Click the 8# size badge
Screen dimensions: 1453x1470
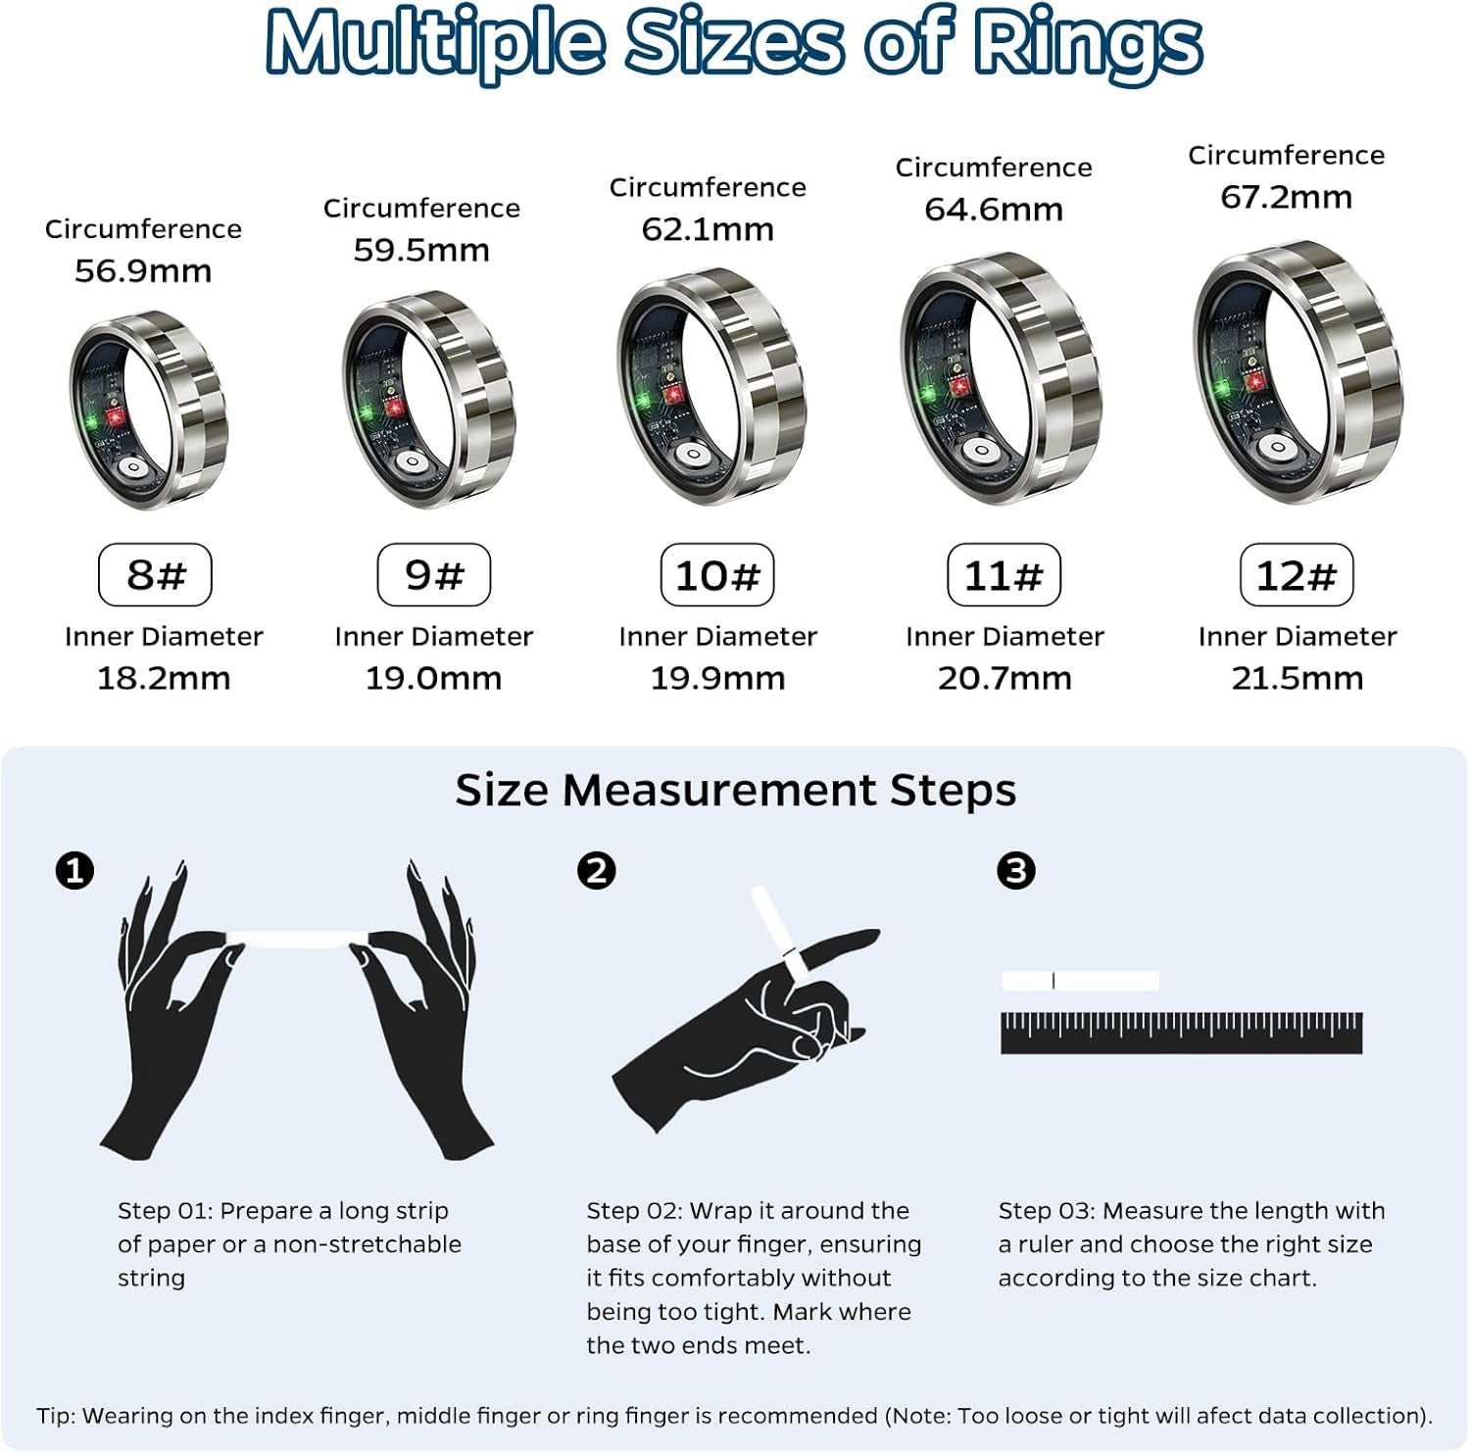155,575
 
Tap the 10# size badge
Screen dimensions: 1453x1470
717,575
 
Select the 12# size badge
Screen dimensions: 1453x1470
1297,575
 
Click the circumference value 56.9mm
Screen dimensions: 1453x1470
143,271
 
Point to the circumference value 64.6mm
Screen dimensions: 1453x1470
994,210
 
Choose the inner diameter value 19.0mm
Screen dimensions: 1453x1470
433,678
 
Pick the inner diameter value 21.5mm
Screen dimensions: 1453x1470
1297,678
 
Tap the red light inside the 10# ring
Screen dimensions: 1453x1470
673,395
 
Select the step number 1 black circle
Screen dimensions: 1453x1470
75,870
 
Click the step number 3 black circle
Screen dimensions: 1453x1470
1016,870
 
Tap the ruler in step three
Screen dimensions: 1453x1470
1181,1034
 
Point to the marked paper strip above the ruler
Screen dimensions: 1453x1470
1080,981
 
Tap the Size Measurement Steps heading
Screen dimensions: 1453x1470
735,790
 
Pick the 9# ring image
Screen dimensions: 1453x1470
428,399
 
